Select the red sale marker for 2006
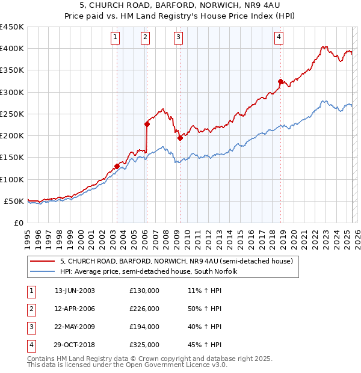point(147,125)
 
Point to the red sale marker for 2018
point(280,81)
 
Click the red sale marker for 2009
point(180,138)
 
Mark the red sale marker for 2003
point(117,166)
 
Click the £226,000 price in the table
point(144,309)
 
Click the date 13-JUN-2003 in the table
point(75,291)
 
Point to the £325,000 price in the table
point(144,345)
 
